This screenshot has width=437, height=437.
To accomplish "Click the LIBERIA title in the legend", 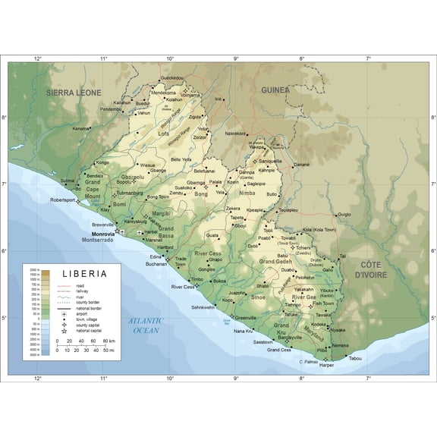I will point(84,272).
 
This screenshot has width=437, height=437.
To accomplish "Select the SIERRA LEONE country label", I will point(74,92).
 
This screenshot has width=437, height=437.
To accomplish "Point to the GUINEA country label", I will point(275,90).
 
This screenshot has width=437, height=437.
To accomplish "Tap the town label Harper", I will point(326,365).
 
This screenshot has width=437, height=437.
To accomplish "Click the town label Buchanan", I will point(156,264).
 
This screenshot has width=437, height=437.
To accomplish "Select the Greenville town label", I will point(246,317).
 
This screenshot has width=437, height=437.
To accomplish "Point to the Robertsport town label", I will point(64,200).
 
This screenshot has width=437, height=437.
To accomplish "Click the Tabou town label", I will point(355,359).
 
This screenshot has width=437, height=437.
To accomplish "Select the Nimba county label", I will point(247,193).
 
